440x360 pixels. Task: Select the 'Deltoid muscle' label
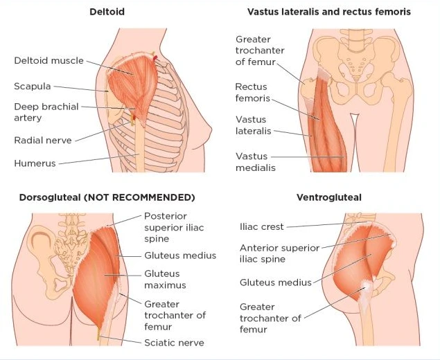pyautogui.click(x=49, y=61)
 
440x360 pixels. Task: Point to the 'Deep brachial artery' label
pyautogui.click(x=46, y=113)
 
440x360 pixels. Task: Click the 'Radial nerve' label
pyautogui.click(x=42, y=140)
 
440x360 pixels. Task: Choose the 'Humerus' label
pyautogui.click(x=35, y=163)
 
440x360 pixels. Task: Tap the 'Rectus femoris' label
pyautogui.click(x=251, y=93)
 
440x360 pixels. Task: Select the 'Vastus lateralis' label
pyautogui.click(x=251, y=125)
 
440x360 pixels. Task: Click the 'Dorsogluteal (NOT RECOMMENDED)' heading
pyautogui.click(x=107, y=197)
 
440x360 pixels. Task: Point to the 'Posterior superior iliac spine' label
pyautogui.click(x=174, y=228)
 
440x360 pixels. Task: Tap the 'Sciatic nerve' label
pyautogui.click(x=174, y=342)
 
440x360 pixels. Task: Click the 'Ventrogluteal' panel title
pyautogui.click(x=328, y=197)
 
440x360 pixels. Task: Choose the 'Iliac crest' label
pyautogui.click(x=263, y=226)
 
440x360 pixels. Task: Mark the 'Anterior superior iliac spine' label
pyautogui.click(x=279, y=253)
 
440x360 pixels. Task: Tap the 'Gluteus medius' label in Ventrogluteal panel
pyautogui.click(x=275, y=282)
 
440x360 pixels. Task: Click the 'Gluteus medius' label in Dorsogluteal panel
pyautogui.click(x=180, y=255)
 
